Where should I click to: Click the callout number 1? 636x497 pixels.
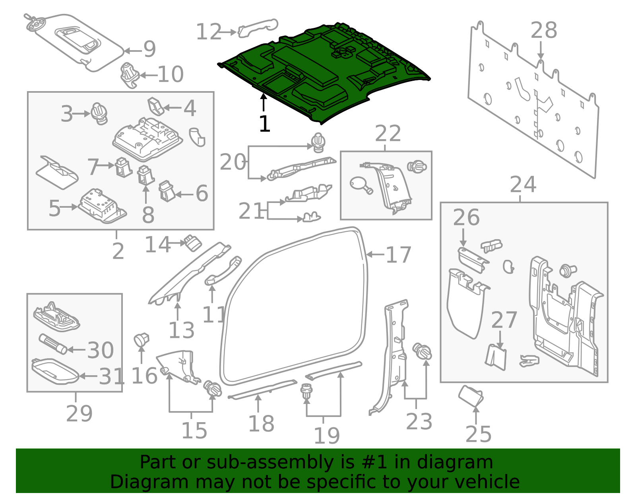coord(264,124)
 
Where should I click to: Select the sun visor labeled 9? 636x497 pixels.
coord(76,42)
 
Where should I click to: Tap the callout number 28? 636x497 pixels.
coord(544,31)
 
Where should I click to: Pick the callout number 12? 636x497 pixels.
coord(209,32)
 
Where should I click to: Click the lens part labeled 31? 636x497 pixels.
coord(54,371)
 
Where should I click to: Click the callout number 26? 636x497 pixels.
coord(466,218)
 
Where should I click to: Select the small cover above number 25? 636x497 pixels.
coord(471,395)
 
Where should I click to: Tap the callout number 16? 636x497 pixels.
coord(144,376)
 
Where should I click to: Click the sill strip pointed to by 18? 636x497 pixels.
coord(262,389)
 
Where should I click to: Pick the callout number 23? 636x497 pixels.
coord(419,421)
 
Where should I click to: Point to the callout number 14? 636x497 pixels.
coord(157,244)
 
